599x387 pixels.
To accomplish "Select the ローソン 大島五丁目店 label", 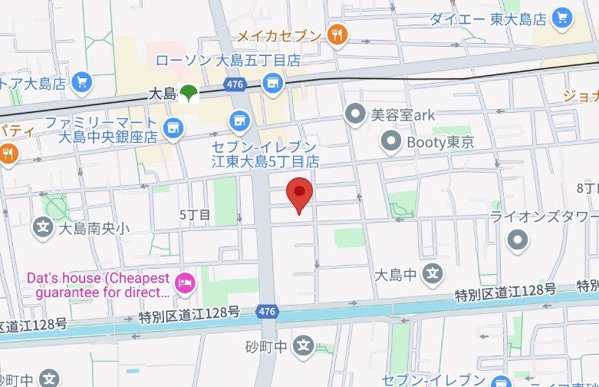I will click(227, 60).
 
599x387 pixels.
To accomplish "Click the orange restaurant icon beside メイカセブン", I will click(336, 34).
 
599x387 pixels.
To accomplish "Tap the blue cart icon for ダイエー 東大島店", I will click(563, 16).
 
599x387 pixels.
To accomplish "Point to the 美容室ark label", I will click(403, 115).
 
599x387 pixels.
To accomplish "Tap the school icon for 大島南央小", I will click(43, 227).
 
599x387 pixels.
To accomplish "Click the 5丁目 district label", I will click(194, 215).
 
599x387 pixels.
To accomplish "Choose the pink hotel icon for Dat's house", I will click(184, 283).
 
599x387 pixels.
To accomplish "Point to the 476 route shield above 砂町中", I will click(265, 311).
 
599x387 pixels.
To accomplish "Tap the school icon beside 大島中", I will click(433, 273).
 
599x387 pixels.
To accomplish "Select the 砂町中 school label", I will click(266, 346).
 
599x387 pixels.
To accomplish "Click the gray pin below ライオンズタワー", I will click(519, 240).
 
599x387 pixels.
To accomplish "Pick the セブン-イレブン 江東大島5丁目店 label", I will click(265, 154).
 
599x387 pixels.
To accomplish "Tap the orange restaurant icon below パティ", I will click(8, 152).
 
